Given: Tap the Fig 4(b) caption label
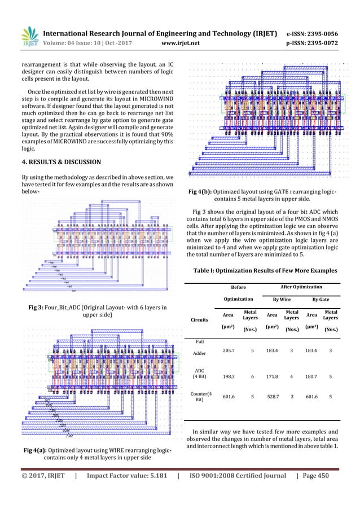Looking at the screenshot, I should pos(204,192).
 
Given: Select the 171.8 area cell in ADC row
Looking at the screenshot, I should pos(272,375).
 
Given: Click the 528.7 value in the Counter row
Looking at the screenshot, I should pos(272,403).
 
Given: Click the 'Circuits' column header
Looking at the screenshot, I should pos(197,321).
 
